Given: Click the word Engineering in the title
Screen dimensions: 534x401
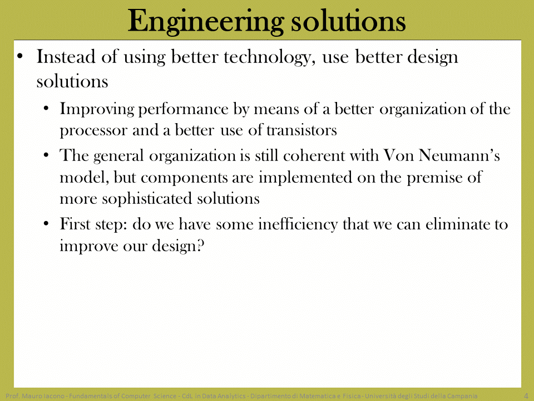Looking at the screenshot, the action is pyautogui.click(x=206, y=21).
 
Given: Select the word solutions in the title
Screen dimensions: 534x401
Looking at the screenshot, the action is pyautogui.click(x=348, y=21).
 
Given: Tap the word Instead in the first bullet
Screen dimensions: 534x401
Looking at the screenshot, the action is pyautogui.click(x=66, y=56).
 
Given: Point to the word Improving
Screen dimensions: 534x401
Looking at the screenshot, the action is pyautogui.click(x=97, y=110).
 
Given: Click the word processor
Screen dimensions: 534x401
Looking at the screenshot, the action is pyautogui.click(x=93, y=131).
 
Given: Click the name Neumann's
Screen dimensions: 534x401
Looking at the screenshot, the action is pyautogui.click(x=459, y=155).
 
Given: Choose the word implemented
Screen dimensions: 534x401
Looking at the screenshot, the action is pyautogui.click(x=305, y=178).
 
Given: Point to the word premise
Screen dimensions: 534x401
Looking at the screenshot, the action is pyautogui.click(x=431, y=178).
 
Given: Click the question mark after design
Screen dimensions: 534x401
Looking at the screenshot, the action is pyautogui.click(x=201, y=246).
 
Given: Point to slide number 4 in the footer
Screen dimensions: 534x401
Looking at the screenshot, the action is pyautogui.click(x=526, y=396).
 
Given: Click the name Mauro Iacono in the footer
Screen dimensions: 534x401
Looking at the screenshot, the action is pyautogui.click(x=43, y=396).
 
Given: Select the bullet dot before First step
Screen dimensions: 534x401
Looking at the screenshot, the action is pyautogui.click(x=46, y=224).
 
